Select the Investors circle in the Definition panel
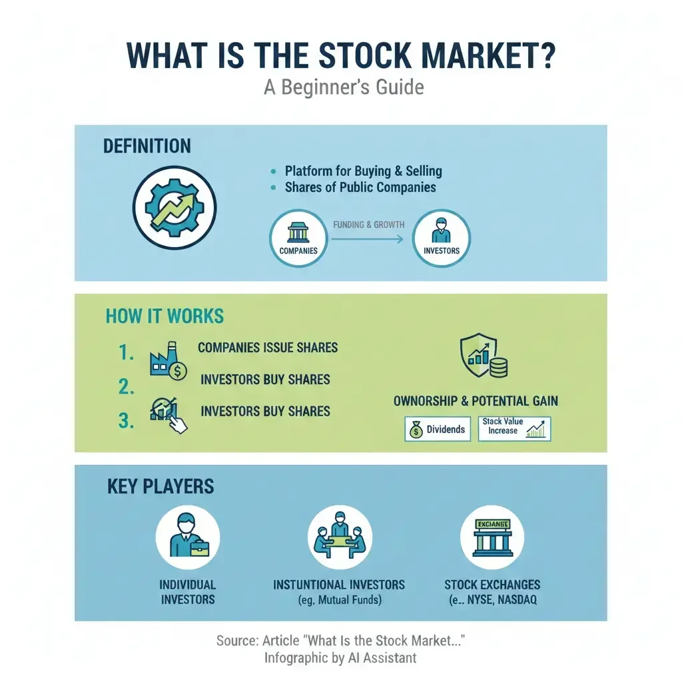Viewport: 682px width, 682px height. tap(442, 238)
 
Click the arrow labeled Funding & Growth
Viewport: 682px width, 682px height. tap(368, 238)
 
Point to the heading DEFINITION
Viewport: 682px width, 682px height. tap(147, 147)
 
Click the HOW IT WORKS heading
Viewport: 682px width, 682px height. tap(165, 316)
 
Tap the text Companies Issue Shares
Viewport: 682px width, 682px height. tap(268, 348)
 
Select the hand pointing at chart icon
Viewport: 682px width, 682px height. tap(169, 414)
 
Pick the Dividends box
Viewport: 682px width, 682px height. tap(438, 430)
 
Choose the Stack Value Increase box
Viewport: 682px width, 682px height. tap(514, 430)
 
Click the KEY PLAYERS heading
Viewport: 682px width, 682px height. tap(161, 487)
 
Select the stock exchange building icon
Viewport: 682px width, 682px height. tap(492, 538)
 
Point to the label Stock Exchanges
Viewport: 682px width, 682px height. tap(492, 585)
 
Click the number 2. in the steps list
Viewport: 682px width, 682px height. tap(127, 386)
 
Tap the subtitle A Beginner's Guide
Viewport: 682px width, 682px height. tap(344, 87)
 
